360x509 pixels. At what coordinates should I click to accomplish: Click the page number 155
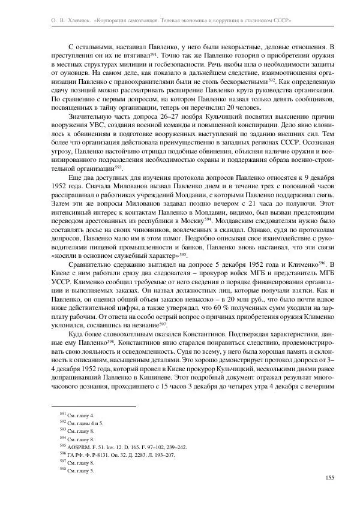[329, 477]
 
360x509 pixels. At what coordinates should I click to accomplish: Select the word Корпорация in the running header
[113, 20]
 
